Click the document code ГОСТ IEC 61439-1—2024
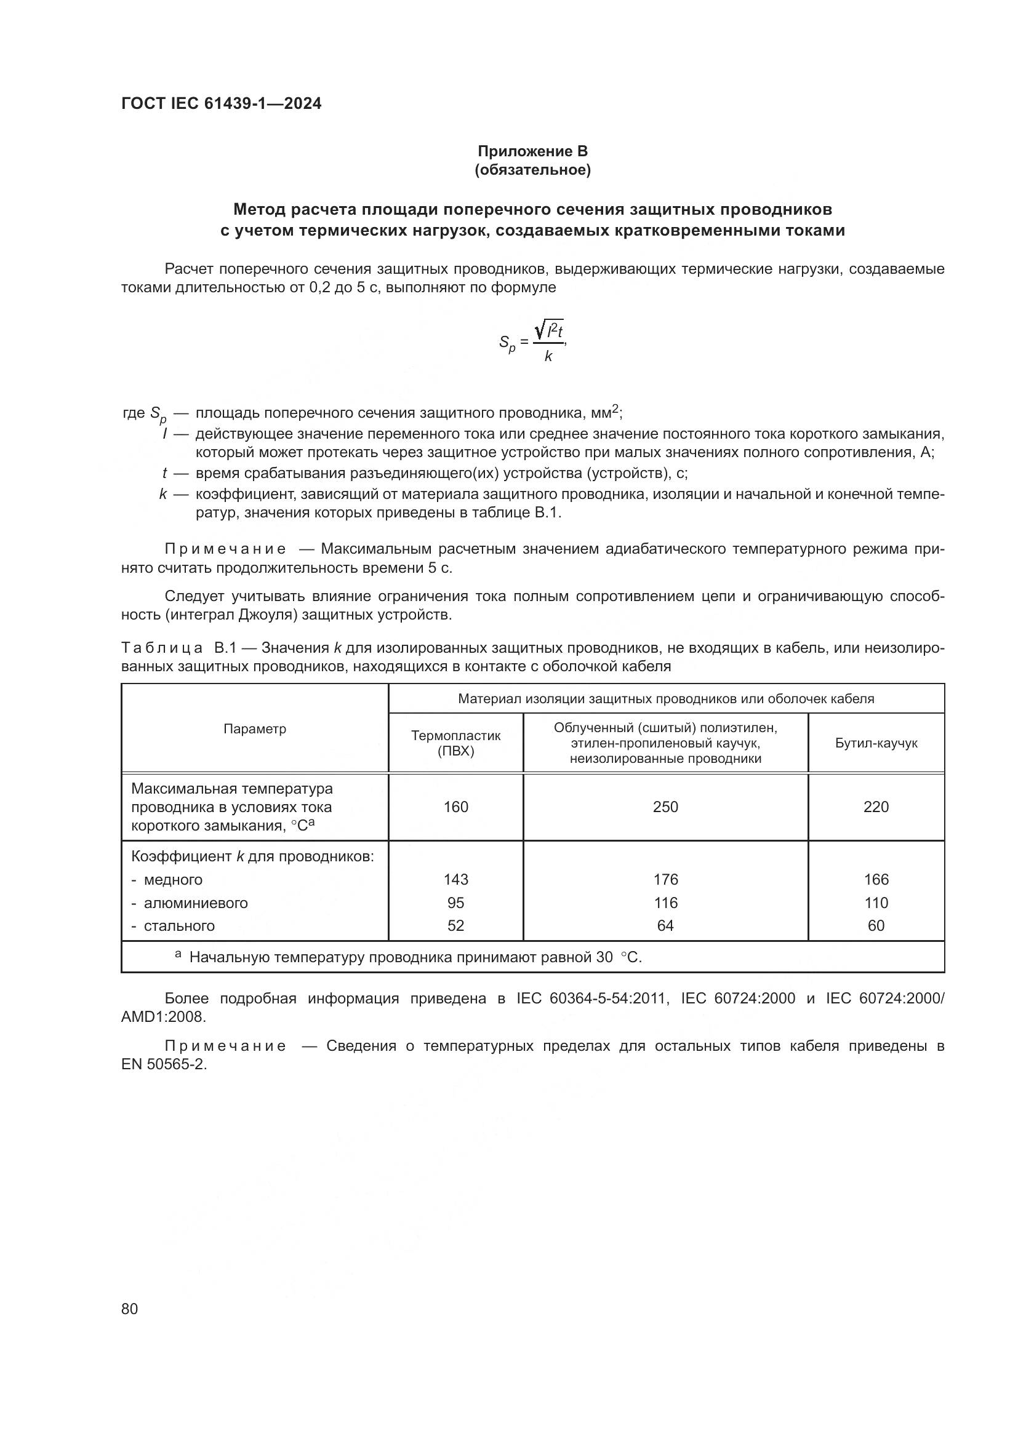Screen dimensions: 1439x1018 [x=221, y=104]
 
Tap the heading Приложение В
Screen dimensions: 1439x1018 [x=532, y=151]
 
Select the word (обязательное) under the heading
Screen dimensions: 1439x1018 [x=532, y=170]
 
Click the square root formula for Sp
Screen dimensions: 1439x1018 [x=534, y=342]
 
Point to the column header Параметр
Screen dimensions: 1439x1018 [x=255, y=728]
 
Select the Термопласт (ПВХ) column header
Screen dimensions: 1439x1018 [x=455, y=743]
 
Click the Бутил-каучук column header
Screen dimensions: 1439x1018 [x=876, y=743]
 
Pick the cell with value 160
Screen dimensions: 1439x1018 [x=455, y=807]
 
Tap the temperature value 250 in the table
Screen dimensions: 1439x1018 [x=665, y=807]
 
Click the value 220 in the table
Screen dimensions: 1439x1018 [x=876, y=807]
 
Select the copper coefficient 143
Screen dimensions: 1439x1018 [x=455, y=879]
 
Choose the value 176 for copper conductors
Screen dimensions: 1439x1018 [x=665, y=879]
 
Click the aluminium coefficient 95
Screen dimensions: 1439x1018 [x=455, y=903]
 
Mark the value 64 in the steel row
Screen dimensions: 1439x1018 [x=665, y=926]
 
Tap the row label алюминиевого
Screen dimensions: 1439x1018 [x=196, y=903]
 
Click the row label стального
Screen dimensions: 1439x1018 [x=179, y=926]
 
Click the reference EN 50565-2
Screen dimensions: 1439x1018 [x=164, y=1064]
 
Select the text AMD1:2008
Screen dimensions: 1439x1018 [x=163, y=1016]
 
